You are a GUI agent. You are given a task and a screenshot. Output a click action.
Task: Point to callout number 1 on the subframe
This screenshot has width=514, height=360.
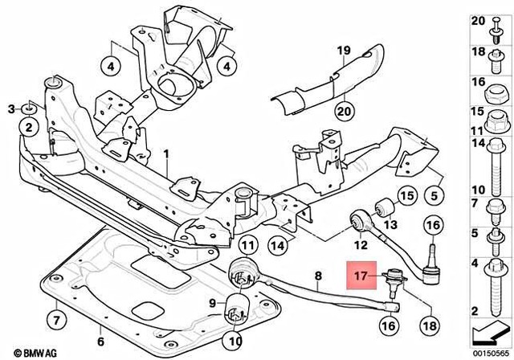tap(167, 153)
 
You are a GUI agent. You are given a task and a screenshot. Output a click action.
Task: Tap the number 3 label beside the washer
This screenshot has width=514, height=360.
tap(10, 108)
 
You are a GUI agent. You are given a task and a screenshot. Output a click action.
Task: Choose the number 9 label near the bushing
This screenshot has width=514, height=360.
tap(212, 303)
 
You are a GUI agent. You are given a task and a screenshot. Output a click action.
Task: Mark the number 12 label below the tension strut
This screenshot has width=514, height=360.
tap(361, 244)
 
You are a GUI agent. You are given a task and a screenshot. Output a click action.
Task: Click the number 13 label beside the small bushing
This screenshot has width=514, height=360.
tap(393, 223)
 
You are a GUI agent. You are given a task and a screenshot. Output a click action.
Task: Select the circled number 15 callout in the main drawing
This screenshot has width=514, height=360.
tap(406, 195)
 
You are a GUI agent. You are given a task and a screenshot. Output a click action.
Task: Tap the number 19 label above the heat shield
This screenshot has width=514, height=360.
tap(344, 51)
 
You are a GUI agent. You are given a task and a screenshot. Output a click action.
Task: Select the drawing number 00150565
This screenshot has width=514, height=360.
tap(491, 350)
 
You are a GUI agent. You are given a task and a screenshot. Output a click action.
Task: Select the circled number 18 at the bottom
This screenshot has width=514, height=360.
tap(429, 325)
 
